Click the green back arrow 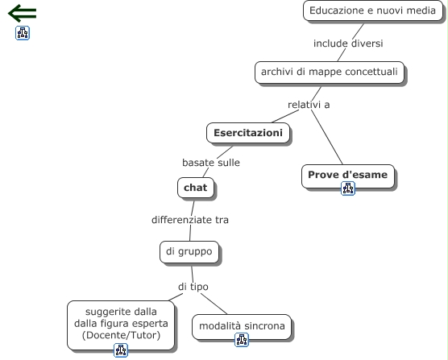tap(22, 13)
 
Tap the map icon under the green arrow tap(23, 33)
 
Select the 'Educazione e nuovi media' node tap(372, 10)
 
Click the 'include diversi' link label tap(348, 43)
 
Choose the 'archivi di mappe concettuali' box tap(330, 72)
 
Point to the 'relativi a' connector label tap(309, 105)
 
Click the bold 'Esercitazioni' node tap(248, 133)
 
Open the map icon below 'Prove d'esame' tap(348, 188)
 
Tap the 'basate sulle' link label tap(211, 163)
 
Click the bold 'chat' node tap(196, 188)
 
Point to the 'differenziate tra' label tap(190, 220)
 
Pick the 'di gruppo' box tap(189, 252)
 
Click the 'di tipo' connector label tap(193, 287)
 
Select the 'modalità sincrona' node tap(242, 327)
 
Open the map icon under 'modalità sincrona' tap(242, 340)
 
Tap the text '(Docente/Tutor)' tap(121, 335)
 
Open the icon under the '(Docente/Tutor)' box tap(121, 350)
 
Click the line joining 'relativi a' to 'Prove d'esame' tap(326, 137)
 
